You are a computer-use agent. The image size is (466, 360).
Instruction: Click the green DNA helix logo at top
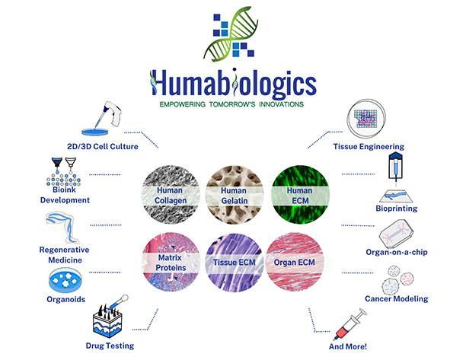(231, 33)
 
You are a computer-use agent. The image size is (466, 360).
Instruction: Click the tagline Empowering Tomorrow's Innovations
(231, 104)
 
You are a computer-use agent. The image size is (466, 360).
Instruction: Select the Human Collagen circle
(171, 195)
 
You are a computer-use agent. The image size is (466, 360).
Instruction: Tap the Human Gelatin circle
(235, 195)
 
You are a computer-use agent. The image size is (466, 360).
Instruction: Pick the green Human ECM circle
(300, 195)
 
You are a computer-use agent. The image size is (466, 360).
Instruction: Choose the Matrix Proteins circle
(171, 262)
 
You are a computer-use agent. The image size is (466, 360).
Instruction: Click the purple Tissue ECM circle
(235, 262)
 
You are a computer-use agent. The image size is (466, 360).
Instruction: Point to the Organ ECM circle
(295, 262)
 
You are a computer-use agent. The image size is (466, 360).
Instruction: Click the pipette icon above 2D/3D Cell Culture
(103, 118)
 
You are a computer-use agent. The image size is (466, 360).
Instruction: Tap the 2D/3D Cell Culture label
(103, 146)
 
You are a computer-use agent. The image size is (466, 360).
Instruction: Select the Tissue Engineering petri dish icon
(366, 119)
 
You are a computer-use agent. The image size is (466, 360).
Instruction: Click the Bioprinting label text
(397, 209)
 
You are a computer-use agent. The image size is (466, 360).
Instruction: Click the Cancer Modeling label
(397, 298)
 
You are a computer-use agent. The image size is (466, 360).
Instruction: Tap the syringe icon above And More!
(349, 324)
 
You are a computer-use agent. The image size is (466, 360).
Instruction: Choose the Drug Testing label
(110, 346)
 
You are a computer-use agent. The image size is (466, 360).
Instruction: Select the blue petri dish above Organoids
(65, 280)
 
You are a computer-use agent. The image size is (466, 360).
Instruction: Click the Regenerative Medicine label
(65, 255)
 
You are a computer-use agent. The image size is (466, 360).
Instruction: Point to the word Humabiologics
(233, 82)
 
